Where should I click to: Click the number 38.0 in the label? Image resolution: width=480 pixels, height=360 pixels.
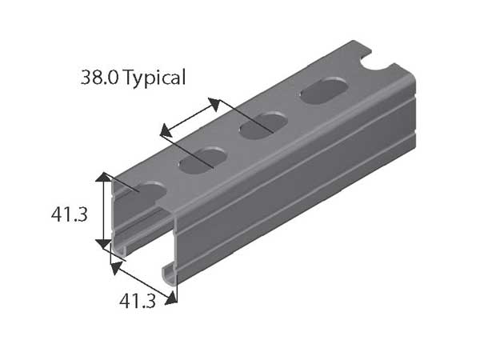point(98,78)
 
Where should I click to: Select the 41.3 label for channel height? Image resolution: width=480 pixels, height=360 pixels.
point(69,214)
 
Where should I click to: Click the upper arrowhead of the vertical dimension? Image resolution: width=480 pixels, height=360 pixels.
point(103,177)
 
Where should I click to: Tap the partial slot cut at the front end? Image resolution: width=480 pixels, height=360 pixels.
point(147,189)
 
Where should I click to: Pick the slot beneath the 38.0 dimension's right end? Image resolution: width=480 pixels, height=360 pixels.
point(263,124)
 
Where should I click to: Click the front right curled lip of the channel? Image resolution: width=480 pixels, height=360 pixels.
point(170,271)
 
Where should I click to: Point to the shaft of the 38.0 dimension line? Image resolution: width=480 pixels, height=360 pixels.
point(190,114)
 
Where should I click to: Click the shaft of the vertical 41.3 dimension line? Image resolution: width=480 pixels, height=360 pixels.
point(103,210)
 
